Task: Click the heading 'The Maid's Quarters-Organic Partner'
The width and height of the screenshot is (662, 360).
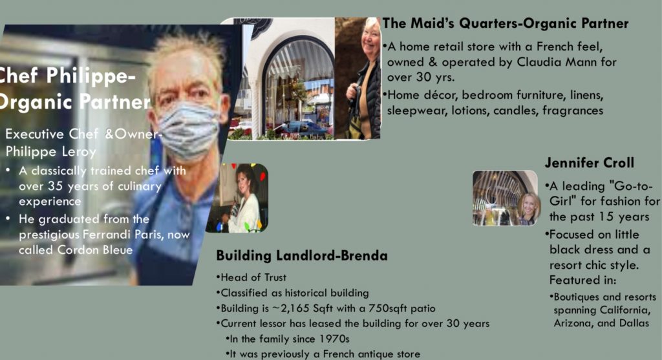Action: point(506,24)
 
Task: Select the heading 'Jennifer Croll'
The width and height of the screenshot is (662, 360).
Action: point(590,163)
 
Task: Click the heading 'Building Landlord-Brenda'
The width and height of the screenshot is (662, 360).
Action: point(302,256)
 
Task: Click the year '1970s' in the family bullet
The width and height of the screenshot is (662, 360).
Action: point(334,339)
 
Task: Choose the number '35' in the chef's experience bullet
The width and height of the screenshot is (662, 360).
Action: point(55,186)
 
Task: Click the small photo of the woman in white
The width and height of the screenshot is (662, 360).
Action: point(237,198)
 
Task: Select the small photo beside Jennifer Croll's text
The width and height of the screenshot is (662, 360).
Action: point(505,198)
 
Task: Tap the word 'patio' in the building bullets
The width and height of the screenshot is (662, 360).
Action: point(423,308)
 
